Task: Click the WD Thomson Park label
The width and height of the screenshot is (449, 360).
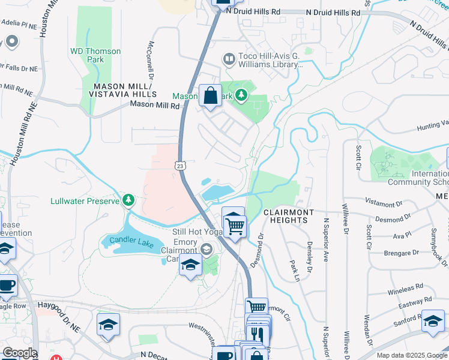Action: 95,55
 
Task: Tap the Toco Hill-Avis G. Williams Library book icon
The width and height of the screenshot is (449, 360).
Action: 229,59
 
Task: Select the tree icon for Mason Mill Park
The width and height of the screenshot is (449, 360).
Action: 241,95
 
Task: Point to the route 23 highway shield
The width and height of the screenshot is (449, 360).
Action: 180,165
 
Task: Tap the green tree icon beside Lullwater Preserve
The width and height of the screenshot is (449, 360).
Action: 128,200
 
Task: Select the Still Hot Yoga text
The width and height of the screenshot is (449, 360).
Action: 194,232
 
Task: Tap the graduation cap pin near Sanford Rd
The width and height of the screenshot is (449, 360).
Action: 433,322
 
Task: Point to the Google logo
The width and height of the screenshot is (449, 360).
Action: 19,353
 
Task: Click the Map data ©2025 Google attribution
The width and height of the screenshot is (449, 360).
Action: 412,355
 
